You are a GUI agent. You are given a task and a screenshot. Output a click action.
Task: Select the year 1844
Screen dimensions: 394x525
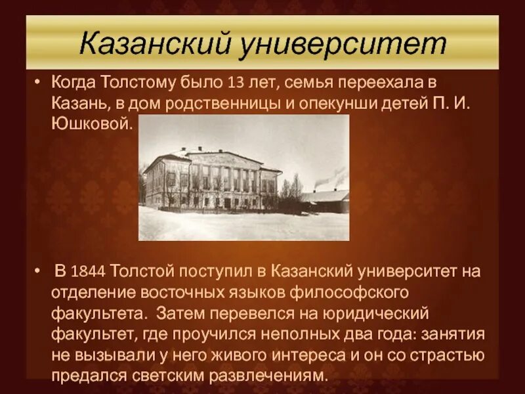pos(90,271)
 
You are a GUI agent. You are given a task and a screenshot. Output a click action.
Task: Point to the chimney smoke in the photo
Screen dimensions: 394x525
pos(331,177)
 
